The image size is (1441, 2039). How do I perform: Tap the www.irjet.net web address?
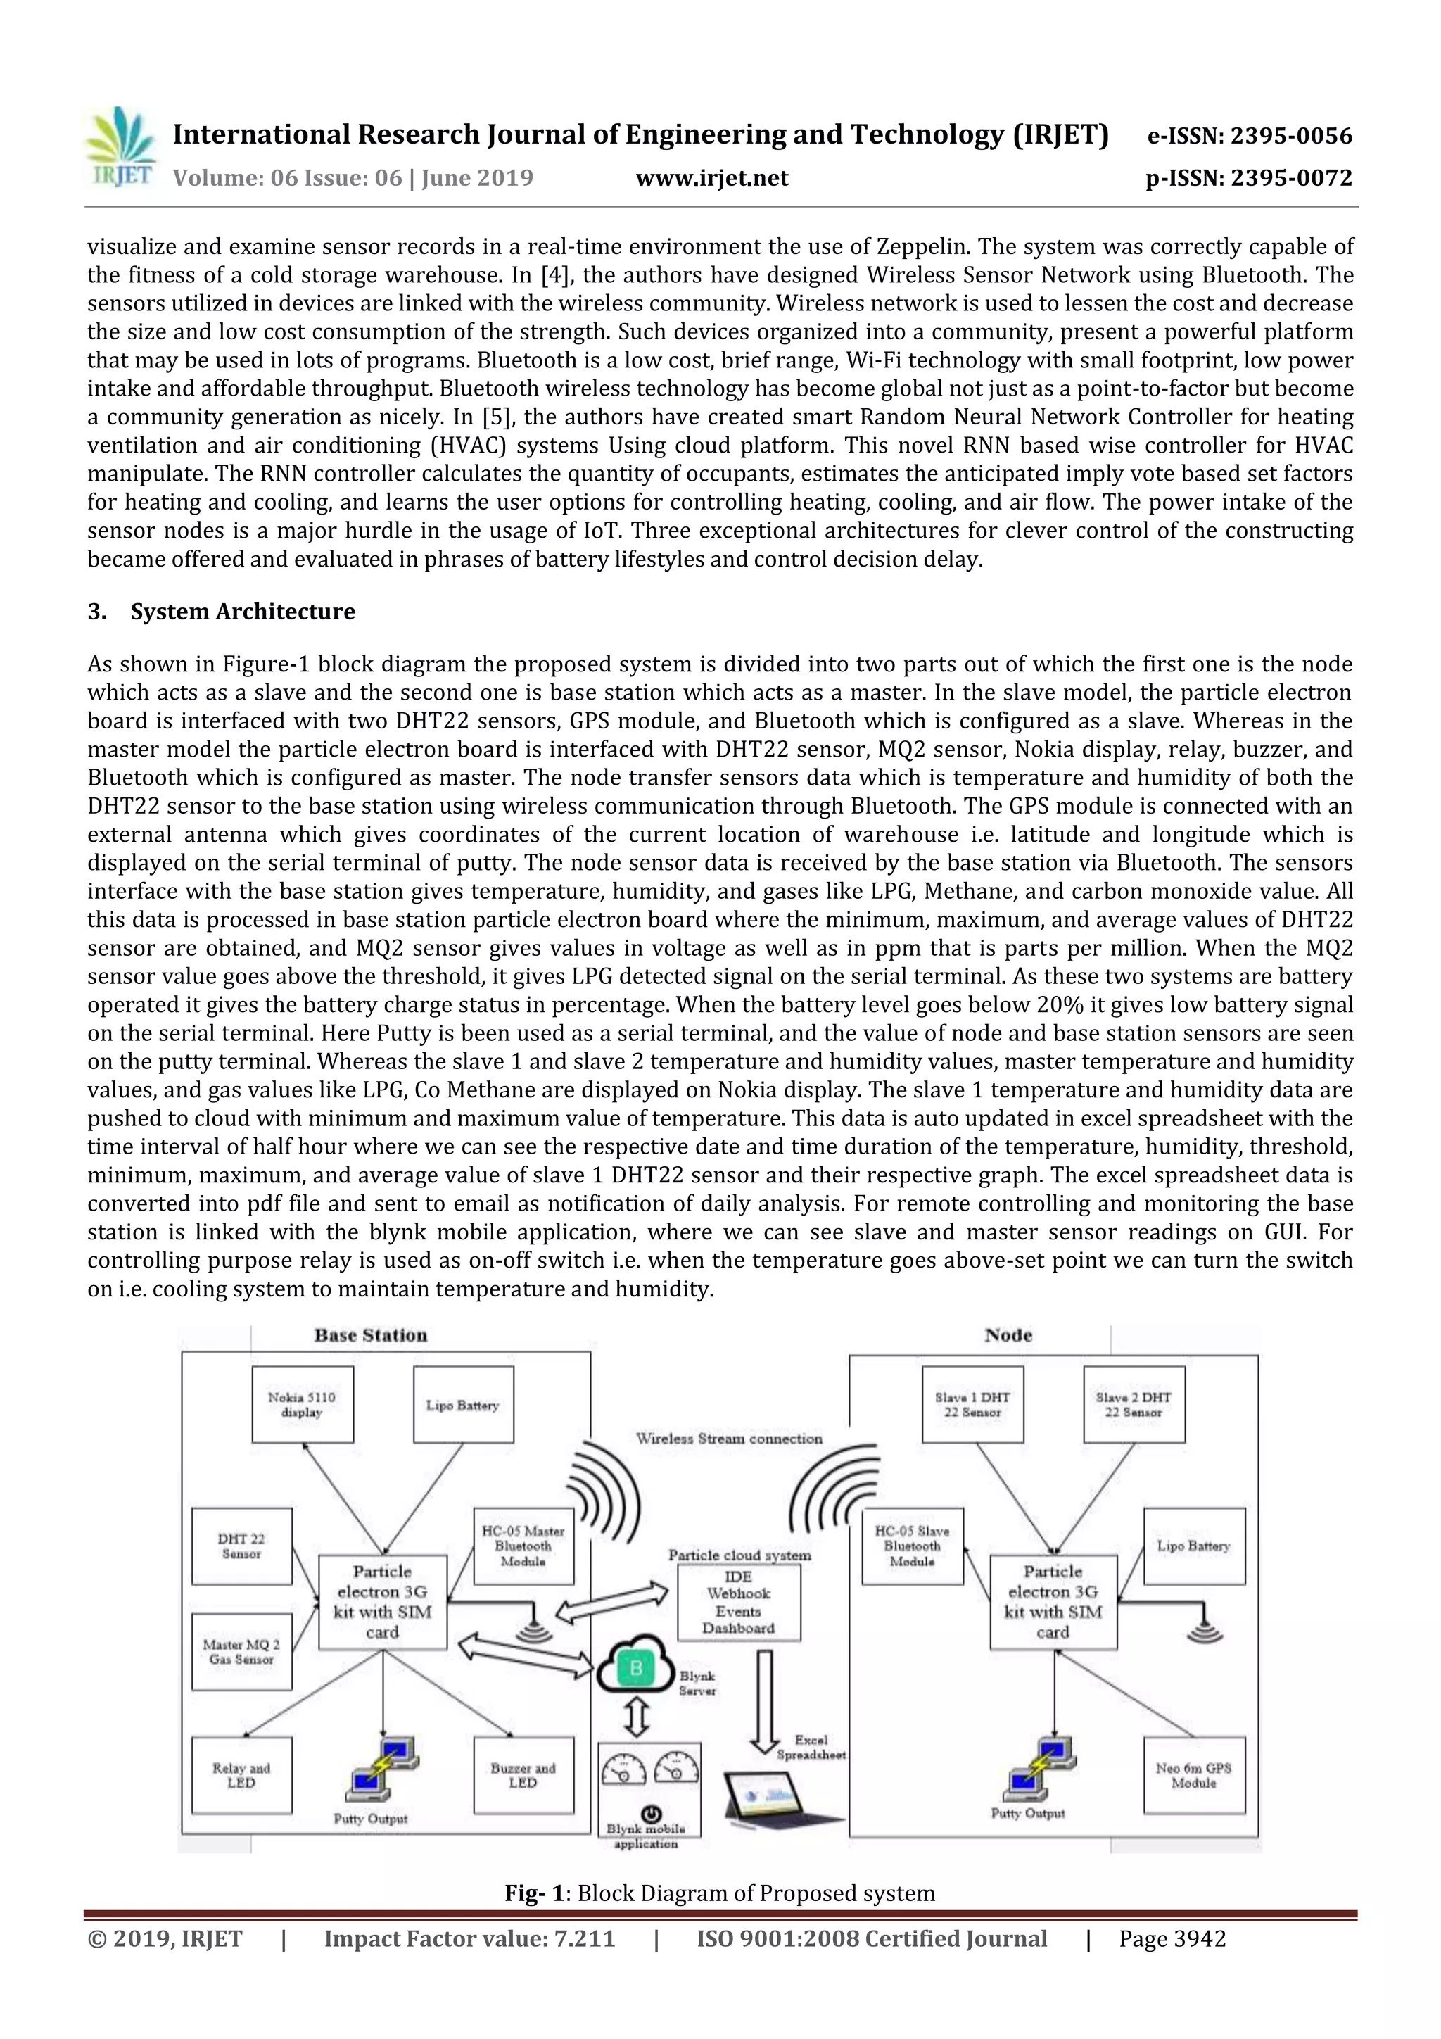(712, 179)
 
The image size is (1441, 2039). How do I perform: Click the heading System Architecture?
(242, 612)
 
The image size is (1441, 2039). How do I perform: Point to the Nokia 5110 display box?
(302, 1405)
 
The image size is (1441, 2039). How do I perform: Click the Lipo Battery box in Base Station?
(462, 1405)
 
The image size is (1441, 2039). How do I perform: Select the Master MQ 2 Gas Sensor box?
(241, 1652)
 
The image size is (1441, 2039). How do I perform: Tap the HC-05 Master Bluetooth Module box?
(523, 1546)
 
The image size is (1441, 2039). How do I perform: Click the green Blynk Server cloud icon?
(635, 1669)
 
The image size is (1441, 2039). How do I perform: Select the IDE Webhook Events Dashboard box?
(738, 1603)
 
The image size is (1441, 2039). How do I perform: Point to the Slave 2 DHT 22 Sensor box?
(1134, 1405)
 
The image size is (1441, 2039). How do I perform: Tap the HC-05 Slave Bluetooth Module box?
(912, 1546)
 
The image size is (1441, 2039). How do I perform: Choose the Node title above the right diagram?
(1008, 1334)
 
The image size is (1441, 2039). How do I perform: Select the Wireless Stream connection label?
(729, 1439)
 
